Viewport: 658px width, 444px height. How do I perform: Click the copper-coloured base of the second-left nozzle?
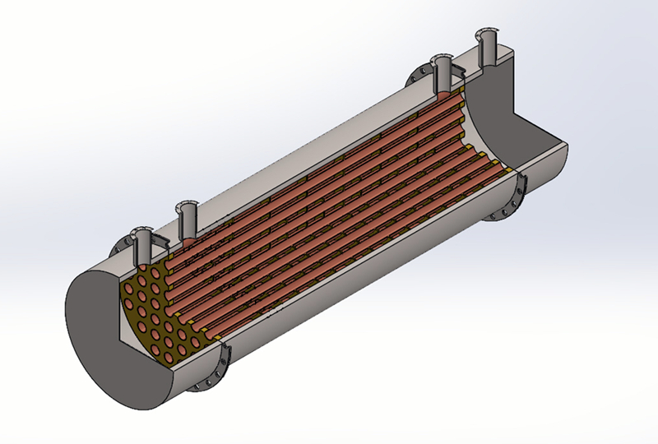188,242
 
